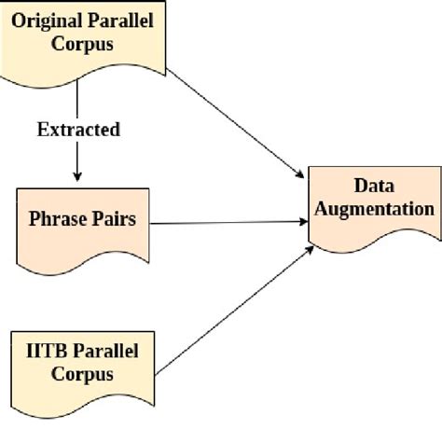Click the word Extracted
(x=78, y=130)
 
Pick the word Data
(x=375, y=186)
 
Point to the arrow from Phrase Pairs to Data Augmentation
(x=228, y=223)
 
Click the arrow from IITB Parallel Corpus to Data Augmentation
(x=233, y=308)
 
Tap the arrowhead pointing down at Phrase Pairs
(x=77, y=176)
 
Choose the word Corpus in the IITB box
(x=82, y=375)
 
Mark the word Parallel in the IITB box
(x=104, y=352)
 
